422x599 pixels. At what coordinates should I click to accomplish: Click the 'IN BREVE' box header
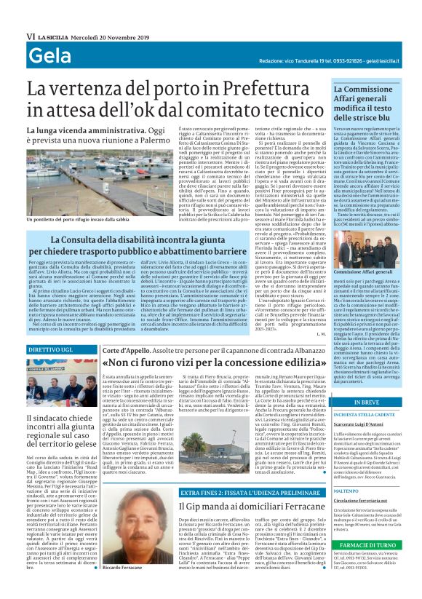(365, 402)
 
